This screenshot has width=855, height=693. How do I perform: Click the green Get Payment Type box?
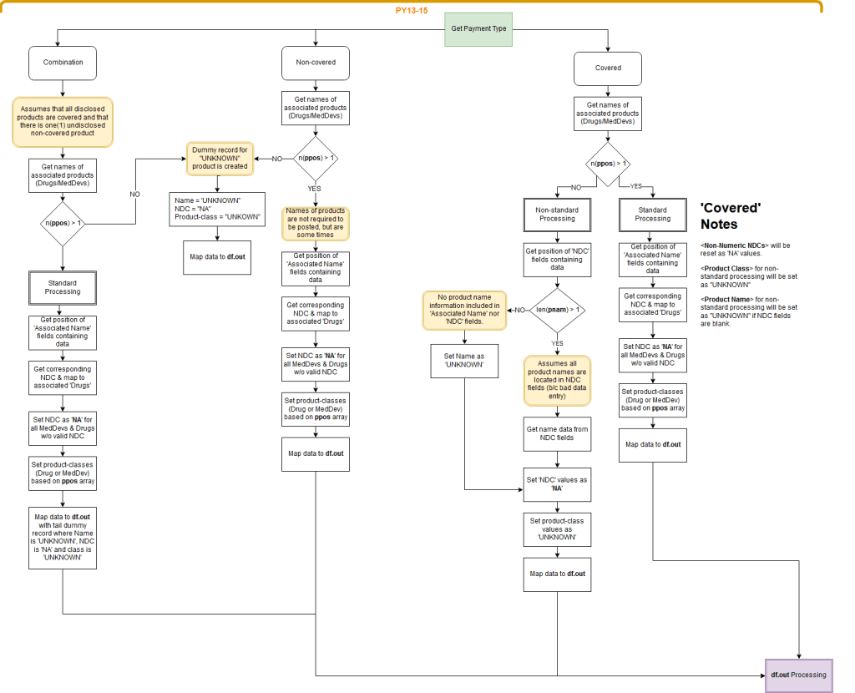pyautogui.click(x=478, y=28)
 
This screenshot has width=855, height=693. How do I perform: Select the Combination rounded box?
pyautogui.click(x=63, y=63)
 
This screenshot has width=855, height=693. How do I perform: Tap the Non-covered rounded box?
pyautogui.click(x=316, y=63)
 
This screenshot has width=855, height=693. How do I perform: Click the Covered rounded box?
pyautogui.click(x=608, y=68)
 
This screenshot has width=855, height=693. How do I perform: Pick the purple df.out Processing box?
pyautogui.click(x=799, y=675)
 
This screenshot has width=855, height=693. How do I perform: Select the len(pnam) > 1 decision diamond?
pyautogui.click(x=557, y=310)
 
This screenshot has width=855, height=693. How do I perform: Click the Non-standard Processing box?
pyautogui.click(x=557, y=215)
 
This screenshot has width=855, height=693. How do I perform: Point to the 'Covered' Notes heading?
pyautogui.click(x=730, y=215)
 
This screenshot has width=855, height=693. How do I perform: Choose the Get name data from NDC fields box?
pyautogui.click(x=557, y=433)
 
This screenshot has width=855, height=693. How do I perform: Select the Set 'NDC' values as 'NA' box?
pyautogui.click(x=557, y=484)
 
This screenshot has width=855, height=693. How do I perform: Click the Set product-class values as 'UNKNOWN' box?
pyautogui.click(x=557, y=529)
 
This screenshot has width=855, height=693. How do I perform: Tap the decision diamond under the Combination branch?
pyautogui.click(x=63, y=223)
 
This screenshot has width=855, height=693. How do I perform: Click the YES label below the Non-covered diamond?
pyautogui.click(x=316, y=189)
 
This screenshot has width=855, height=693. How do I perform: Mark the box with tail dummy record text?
pyautogui.click(x=63, y=540)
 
